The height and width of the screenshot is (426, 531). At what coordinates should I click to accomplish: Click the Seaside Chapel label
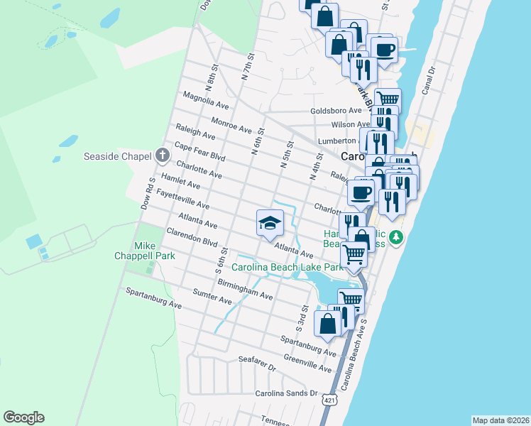118,156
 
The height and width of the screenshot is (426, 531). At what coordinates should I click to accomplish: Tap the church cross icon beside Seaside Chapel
162,155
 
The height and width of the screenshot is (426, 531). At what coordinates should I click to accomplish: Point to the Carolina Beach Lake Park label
287,268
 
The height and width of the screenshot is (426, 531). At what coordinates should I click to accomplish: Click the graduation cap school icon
270,223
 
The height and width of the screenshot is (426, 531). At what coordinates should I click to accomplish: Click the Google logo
23,417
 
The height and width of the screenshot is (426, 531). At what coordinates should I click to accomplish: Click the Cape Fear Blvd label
199,152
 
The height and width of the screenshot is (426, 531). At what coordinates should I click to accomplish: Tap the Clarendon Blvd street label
192,237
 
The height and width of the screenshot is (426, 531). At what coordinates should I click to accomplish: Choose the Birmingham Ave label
245,290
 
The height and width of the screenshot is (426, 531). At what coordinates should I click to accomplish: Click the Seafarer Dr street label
256,364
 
